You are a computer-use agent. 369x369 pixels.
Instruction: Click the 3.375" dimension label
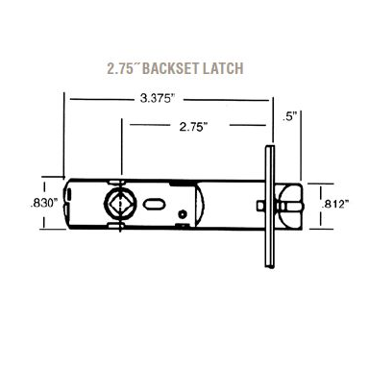coord(157,98)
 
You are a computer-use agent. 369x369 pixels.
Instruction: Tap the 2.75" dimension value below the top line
coord(191,127)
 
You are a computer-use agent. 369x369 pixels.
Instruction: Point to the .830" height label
coord(44,204)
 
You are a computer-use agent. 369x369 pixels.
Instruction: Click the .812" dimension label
coord(334,204)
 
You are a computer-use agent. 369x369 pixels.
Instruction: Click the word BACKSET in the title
coord(166,68)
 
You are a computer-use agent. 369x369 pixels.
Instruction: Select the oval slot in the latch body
coord(154,204)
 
